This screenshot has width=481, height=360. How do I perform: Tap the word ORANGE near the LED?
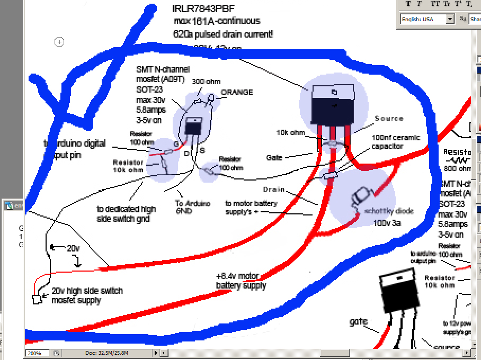pos(237,92)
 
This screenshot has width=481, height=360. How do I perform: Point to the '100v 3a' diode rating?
pos(387,223)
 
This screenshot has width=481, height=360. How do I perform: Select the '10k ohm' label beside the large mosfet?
pos(290,132)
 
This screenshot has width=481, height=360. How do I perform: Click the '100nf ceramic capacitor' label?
pos(395,142)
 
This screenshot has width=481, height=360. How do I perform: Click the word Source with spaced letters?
pos(389,119)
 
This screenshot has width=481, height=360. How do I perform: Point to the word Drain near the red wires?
pos(273,189)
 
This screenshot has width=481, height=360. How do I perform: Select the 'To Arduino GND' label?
pos(193,206)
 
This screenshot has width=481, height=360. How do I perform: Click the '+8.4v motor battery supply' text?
pos(241,281)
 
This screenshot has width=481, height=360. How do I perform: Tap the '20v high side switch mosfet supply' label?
pos(87,295)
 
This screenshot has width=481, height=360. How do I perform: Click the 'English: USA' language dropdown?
pos(427,19)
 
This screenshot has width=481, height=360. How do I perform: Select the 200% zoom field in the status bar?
pos(37,353)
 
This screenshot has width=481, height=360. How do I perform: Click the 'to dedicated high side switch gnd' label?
pos(127,213)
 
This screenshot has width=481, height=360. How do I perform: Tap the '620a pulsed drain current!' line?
pos(223,34)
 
